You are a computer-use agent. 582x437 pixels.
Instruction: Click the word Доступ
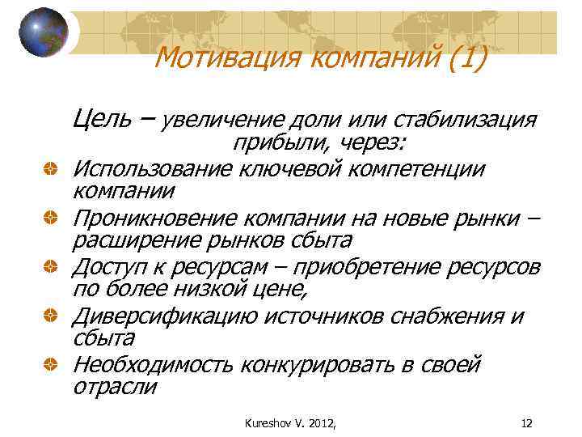pyautogui.click(x=110, y=267)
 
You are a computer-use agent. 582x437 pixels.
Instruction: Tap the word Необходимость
pyautogui.click(x=152, y=365)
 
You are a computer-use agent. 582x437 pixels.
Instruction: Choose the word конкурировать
pyautogui.click(x=317, y=365)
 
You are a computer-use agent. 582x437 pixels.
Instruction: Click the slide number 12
pyautogui.click(x=526, y=421)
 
